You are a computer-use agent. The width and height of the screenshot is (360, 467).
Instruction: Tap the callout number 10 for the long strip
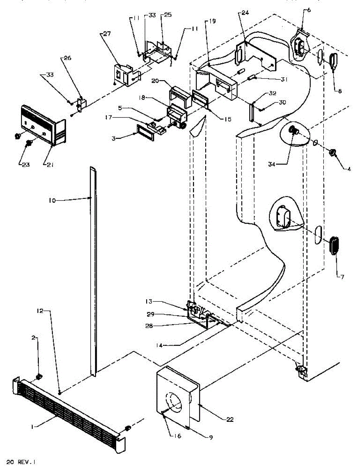pos(52,200)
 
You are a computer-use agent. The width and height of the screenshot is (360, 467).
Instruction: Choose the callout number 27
pos(107,34)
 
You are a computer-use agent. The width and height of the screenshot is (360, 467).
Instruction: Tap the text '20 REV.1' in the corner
pos(18,462)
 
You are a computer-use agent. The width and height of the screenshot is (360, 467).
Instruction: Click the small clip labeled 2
pos(39,376)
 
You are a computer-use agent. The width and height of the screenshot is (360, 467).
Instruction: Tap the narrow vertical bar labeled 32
pos(253,112)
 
